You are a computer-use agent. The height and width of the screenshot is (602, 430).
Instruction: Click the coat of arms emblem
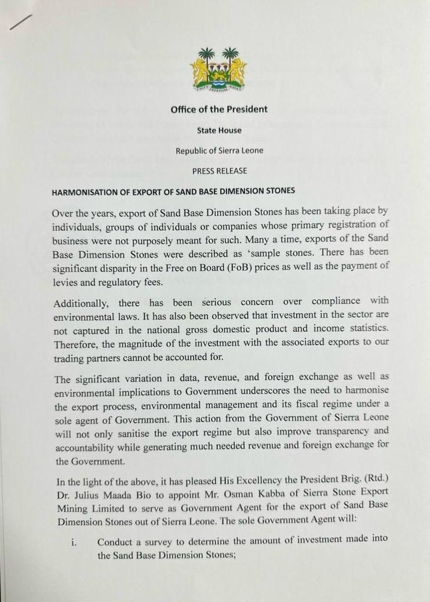218,70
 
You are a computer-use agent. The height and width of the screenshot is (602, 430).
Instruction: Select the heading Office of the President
218,109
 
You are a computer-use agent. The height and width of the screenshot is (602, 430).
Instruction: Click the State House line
219,131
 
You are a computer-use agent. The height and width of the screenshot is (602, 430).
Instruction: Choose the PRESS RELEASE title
220,171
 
